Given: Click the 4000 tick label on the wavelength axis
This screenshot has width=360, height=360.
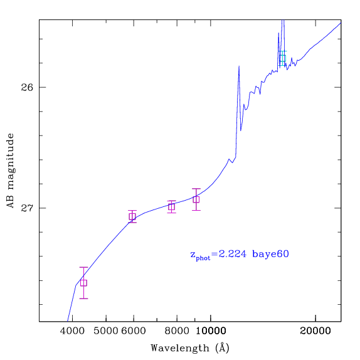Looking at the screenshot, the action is click(72, 331).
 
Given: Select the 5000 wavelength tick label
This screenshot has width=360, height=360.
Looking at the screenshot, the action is click(106, 331).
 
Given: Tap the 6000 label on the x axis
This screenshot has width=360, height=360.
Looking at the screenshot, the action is click(134, 331).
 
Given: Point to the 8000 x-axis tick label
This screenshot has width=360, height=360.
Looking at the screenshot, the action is click(177, 331).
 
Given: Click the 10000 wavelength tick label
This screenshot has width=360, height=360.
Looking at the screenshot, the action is click(211, 331).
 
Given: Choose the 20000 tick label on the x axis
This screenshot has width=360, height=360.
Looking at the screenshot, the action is click(315, 331).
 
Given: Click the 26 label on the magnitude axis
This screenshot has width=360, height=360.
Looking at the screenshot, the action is click(27, 87).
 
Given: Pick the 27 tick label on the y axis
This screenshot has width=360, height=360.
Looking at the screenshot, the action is click(27, 208).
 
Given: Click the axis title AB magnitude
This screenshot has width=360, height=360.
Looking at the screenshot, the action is click(10, 171).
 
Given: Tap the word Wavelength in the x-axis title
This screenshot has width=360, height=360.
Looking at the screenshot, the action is click(180, 348).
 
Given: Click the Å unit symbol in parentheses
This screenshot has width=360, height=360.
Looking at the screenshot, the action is click(223, 348).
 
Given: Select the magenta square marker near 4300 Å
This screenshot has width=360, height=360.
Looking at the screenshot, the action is click(83, 283).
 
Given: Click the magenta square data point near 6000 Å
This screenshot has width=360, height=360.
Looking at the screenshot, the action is click(132, 216).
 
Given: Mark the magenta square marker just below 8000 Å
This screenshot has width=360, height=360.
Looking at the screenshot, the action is click(171, 207).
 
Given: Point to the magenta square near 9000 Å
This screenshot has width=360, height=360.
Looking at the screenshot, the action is click(196, 199).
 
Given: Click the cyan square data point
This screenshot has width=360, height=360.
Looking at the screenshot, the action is click(283, 58).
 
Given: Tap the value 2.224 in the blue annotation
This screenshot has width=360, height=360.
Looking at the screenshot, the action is click(232, 254).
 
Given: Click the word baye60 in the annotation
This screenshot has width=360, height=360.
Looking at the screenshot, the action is click(270, 254).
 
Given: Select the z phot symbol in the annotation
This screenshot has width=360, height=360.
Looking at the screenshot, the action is click(200, 256).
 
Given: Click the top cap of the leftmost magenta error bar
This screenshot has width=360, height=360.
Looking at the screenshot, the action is click(83, 267).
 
